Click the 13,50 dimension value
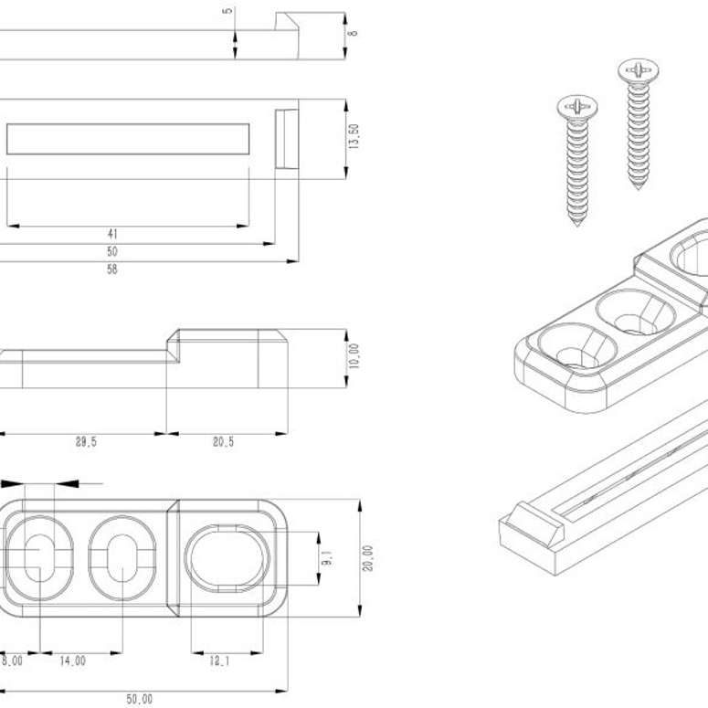pyautogui.click(x=354, y=138)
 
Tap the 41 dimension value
pyautogui.click(x=112, y=233)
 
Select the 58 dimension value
pyautogui.click(x=138, y=269)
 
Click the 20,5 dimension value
pyautogui.click(x=224, y=442)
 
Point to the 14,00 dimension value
pyautogui.click(x=73, y=661)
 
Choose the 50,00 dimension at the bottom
pyautogui.click(x=139, y=699)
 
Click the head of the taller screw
pyautogui.click(x=638, y=69)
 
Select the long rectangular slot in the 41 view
pyautogui.click(x=128, y=138)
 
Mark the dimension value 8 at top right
pyautogui.click(x=354, y=33)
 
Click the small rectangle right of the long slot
pyautogui.click(x=286, y=138)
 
